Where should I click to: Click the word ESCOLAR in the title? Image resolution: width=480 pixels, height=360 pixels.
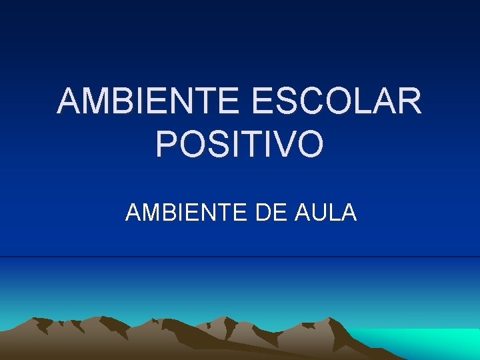337,102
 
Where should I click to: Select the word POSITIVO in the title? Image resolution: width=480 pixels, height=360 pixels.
240,144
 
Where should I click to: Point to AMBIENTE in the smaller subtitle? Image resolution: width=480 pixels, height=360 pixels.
185,213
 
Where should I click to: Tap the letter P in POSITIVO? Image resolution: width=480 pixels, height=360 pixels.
166,144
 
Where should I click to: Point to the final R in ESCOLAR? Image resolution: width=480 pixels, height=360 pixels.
409,102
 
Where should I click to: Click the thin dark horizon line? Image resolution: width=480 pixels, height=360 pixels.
240,257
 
